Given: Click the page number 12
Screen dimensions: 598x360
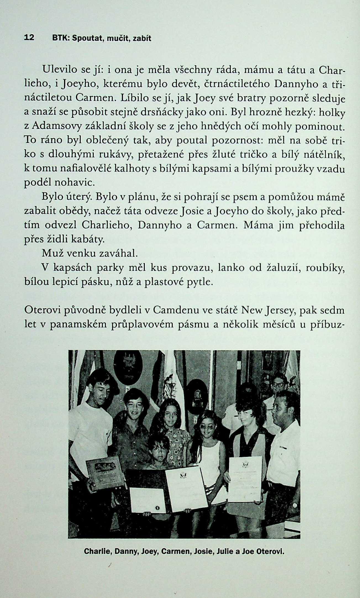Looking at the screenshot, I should click(x=29, y=38).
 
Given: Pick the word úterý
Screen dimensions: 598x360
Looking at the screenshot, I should click(x=80, y=197).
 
